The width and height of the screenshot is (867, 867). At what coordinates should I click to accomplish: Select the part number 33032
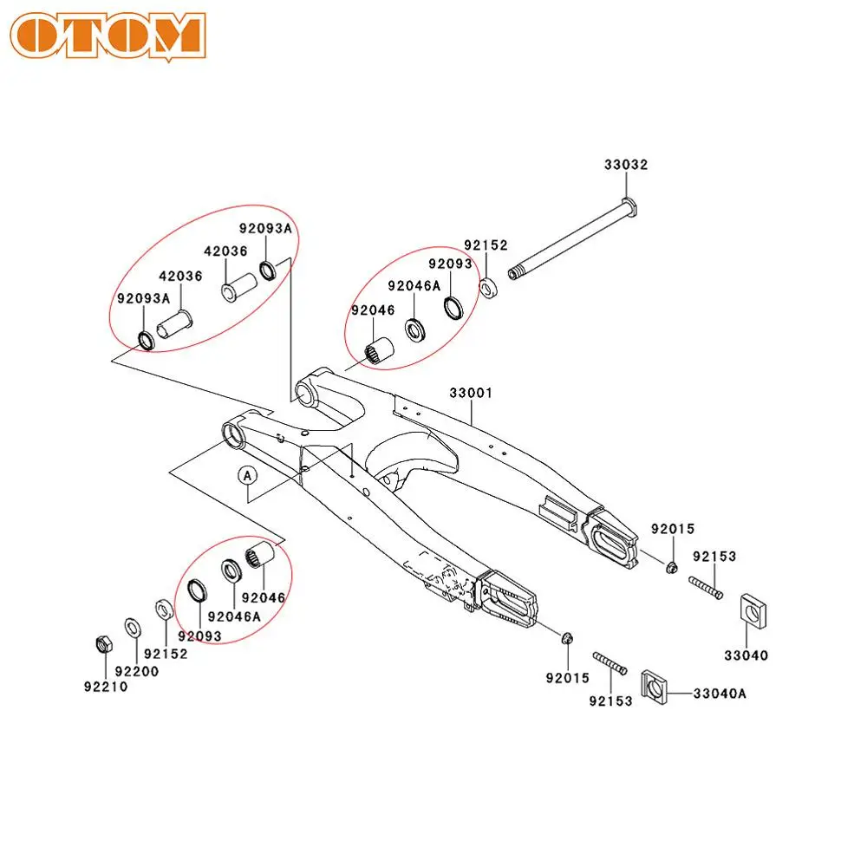tap(626, 164)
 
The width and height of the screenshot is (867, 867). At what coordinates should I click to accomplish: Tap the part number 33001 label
tap(471, 393)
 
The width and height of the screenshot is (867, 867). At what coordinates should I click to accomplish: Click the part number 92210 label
tap(106, 687)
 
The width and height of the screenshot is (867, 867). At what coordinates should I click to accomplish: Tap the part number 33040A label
tap(719, 693)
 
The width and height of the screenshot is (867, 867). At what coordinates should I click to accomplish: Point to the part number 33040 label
tap(746, 655)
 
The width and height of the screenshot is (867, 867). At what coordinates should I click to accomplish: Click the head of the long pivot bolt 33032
tap(629, 207)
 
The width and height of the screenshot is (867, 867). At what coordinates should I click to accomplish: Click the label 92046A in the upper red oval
tap(414, 285)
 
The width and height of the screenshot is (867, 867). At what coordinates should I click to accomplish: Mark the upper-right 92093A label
tap(266, 229)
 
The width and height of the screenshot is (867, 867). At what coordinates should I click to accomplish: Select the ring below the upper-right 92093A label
tap(269, 270)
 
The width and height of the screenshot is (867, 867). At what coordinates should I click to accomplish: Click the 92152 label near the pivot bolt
tap(486, 245)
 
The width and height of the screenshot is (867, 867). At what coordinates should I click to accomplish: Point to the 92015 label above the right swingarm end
tap(674, 528)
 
